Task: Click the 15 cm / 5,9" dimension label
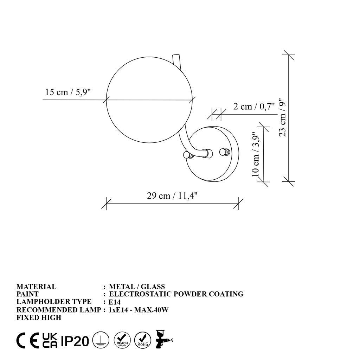point(68,92)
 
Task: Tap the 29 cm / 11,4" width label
point(173,196)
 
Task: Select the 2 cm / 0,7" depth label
point(253,106)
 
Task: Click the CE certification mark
point(28,340)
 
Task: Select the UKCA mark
point(50,340)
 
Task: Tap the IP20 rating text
point(75,341)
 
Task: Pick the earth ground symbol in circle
point(100,340)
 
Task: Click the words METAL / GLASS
point(137,287)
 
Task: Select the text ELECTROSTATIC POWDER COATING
point(176,294)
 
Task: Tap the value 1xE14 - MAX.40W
point(140,310)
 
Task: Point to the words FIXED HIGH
point(39,317)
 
